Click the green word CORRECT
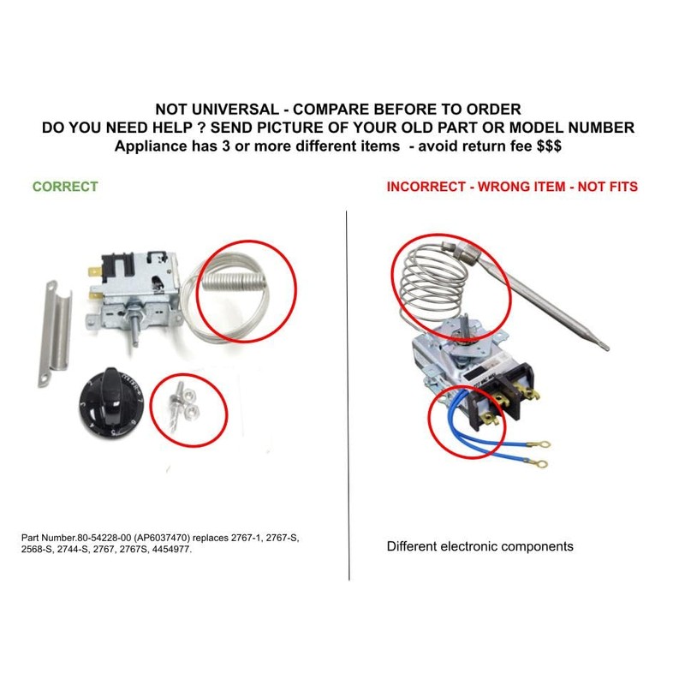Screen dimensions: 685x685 click(65, 187)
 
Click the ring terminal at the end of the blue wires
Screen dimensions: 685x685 click(539, 444)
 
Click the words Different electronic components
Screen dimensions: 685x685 click(479, 546)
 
